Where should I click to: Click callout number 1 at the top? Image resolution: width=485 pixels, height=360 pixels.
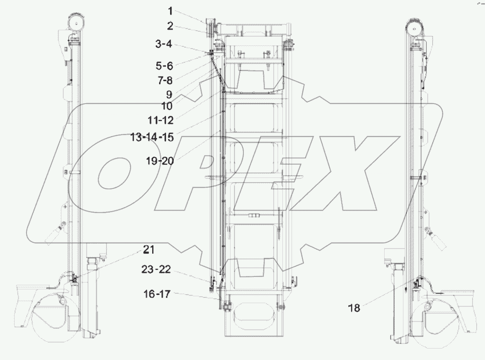[x=170, y=11]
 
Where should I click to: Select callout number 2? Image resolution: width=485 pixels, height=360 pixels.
[x=170, y=26]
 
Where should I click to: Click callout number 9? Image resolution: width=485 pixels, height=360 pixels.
[x=169, y=95]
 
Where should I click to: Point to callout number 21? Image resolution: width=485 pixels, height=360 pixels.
[x=149, y=250]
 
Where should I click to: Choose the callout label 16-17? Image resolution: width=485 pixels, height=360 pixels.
[x=158, y=294]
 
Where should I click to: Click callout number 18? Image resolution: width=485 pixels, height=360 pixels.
[x=353, y=308]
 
